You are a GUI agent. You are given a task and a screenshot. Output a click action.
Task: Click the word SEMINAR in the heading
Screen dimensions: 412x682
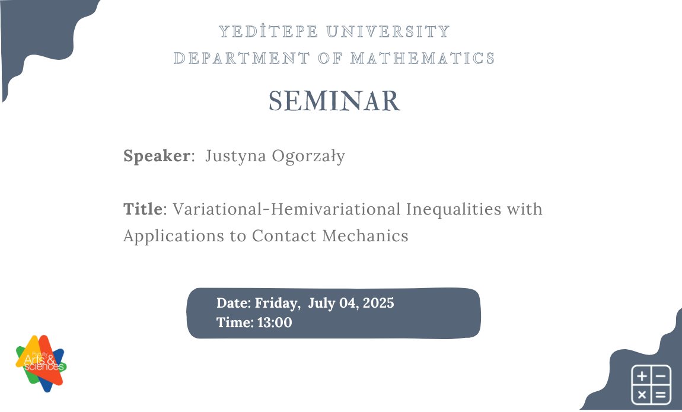(334, 101)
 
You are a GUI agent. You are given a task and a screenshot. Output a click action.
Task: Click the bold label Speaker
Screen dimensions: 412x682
(156, 157)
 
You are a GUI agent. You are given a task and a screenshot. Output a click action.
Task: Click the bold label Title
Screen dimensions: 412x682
(142, 209)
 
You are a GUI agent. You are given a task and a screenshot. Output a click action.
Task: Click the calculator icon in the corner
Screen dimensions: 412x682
(651, 384)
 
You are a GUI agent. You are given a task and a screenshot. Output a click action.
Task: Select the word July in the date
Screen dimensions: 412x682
(322, 304)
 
